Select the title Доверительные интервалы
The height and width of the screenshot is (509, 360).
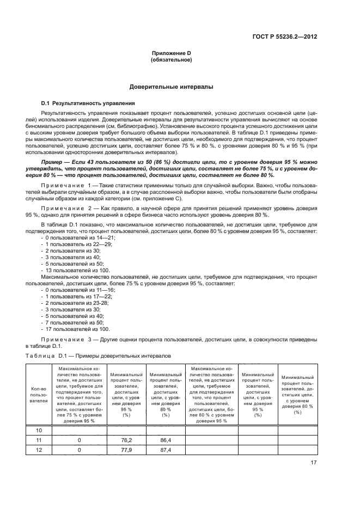click(x=170, y=87)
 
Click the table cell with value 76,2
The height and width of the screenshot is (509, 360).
click(x=126, y=439)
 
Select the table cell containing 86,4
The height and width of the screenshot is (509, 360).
click(x=166, y=439)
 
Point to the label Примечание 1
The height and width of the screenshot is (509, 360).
click(x=68, y=186)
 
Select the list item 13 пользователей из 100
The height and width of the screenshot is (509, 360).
click(x=76, y=271)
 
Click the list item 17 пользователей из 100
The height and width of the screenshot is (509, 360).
click(x=76, y=329)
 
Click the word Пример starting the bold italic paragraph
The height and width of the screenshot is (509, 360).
click(x=53, y=162)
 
